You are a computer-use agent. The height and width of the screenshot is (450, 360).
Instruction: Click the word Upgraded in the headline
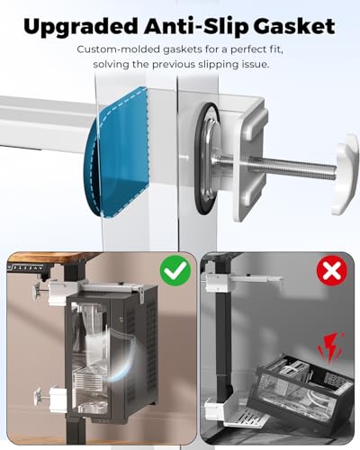[x=80, y=27]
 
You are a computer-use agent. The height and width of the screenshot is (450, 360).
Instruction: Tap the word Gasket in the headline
[x=294, y=26]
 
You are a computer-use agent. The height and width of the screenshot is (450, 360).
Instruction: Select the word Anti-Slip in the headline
[x=196, y=26]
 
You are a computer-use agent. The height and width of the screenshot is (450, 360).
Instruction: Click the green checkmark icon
[x=175, y=272]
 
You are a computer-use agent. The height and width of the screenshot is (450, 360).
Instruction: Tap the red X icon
[x=332, y=271]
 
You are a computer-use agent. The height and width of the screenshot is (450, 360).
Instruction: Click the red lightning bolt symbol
[x=330, y=347]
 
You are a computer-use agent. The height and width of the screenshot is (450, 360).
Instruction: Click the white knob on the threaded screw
[x=345, y=175]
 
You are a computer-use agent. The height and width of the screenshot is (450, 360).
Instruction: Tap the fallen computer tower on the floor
[x=303, y=387]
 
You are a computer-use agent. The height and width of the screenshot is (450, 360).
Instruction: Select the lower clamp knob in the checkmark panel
[x=39, y=396]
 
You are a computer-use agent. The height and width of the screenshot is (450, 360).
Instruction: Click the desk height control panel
[x=25, y=267]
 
